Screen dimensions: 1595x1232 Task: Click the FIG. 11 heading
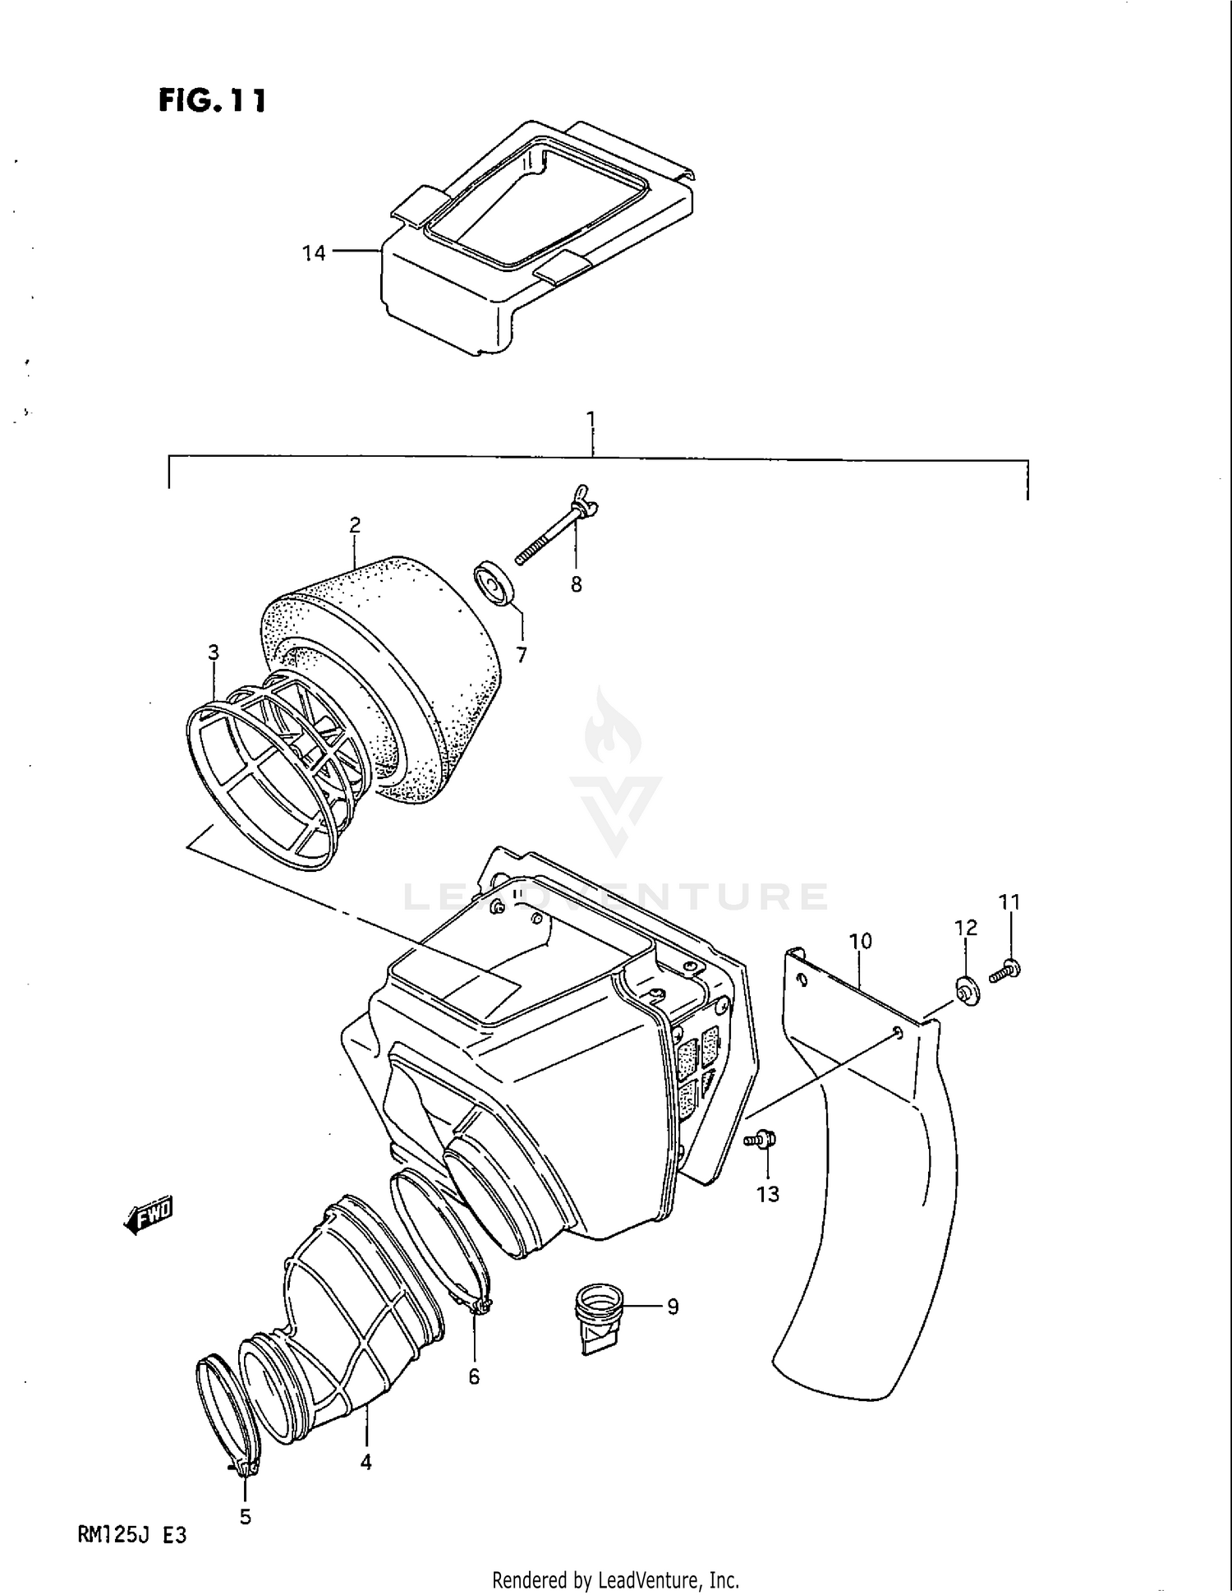(212, 100)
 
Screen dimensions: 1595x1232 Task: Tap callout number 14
(314, 253)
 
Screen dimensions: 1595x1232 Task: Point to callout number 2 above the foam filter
(355, 524)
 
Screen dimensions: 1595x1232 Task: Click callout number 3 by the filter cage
(214, 652)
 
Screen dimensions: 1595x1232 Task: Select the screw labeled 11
(1004, 972)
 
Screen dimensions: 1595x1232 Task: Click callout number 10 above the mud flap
(860, 941)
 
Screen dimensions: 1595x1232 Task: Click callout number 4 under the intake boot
(366, 1462)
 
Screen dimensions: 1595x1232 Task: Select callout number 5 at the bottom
(246, 1517)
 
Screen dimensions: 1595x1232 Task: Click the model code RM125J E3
(132, 1534)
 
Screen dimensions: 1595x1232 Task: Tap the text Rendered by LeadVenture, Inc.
(615, 1579)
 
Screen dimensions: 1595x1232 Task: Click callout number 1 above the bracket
(591, 419)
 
